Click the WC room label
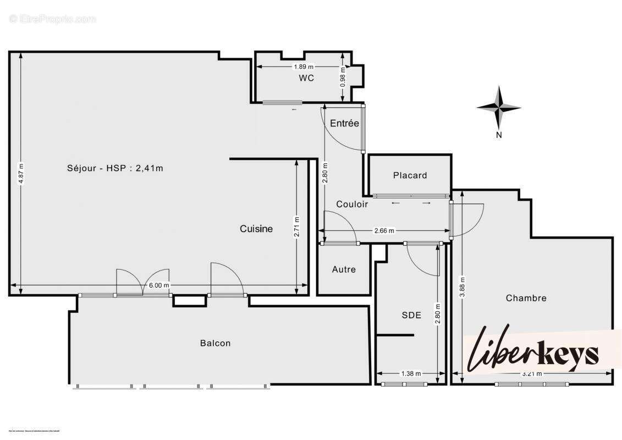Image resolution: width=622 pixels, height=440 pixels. tap(306, 78)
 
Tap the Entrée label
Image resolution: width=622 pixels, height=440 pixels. tap(344, 123)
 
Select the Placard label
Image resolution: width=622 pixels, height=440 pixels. tap(410, 175)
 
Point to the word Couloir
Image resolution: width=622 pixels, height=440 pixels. tap(352, 204)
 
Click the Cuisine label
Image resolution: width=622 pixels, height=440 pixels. tap(256, 229)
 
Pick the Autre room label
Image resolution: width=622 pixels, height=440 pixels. tap(344, 269)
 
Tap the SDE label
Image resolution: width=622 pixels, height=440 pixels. tap(411, 315)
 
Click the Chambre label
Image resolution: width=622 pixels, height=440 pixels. tap(526, 298)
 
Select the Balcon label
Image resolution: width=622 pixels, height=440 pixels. tap(215, 343)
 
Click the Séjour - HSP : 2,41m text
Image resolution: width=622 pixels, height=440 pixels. tap(115, 168)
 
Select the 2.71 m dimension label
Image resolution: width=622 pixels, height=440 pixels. tap(297, 226)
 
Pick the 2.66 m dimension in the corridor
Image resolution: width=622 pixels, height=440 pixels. tap(384, 231)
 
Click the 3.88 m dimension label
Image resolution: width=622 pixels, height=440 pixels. tap(463, 286)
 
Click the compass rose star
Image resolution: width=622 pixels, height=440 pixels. tap(498, 107)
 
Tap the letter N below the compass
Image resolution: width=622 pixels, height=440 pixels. tap(499, 135)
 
